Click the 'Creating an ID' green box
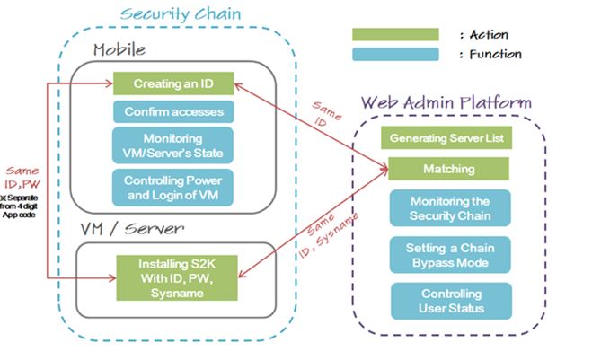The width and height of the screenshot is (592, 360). pyautogui.click(x=173, y=84)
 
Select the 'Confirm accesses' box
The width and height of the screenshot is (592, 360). pyautogui.click(x=173, y=112)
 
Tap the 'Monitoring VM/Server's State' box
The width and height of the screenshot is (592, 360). pyautogui.click(x=173, y=145)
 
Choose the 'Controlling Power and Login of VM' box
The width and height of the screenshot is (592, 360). pyautogui.click(x=173, y=185)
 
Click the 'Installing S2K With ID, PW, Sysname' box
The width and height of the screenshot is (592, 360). pyautogui.click(x=173, y=277)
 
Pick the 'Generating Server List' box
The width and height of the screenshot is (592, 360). pyautogui.click(x=446, y=139)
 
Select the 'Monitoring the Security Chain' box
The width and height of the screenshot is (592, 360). pyautogui.click(x=450, y=207)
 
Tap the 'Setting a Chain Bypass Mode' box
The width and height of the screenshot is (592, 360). pyautogui.click(x=450, y=254)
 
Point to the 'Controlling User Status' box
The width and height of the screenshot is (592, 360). pyautogui.click(x=450, y=301)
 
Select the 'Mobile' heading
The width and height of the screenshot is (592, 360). pyautogui.click(x=119, y=49)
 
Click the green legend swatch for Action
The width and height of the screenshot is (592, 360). pyautogui.click(x=396, y=34)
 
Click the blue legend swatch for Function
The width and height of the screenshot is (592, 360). pyautogui.click(x=396, y=54)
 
